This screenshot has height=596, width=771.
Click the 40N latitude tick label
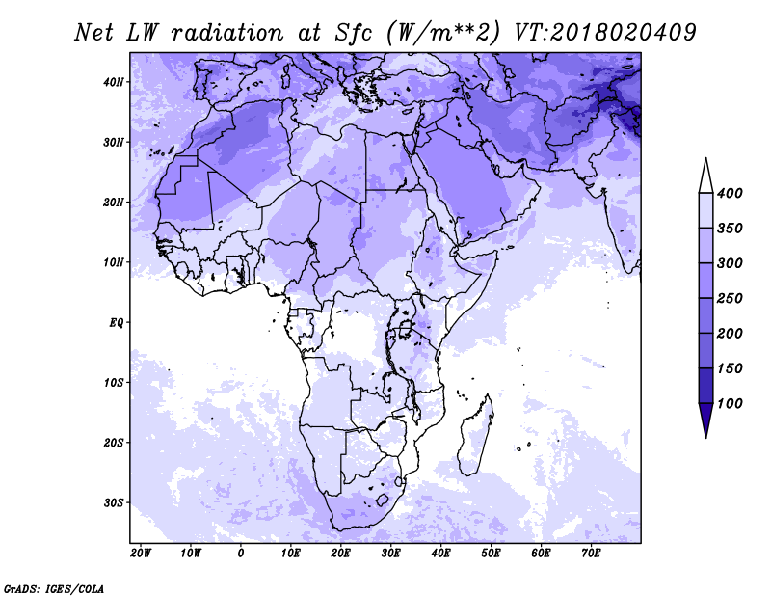click(114, 82)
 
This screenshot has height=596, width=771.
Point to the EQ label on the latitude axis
click(116, 323)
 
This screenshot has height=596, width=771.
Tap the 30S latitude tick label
click(114, 503)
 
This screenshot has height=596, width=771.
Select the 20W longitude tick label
click(141, 554)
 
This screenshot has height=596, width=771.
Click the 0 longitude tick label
click(240, 554)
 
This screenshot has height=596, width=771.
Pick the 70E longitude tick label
click(591, 554)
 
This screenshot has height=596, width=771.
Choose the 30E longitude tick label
click(391, 554)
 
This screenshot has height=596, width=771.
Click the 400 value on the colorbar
click(730, 193)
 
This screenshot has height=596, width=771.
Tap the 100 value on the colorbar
click(730, 403)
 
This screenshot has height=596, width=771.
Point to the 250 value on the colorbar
click(730, 298)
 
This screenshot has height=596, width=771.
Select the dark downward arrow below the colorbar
click(706, 420)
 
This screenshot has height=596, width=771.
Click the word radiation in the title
click(228, 33)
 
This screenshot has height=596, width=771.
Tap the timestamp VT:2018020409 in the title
click(605, 33)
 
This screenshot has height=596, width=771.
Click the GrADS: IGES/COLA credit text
click(54, 588)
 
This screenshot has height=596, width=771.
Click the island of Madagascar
click(475, 437)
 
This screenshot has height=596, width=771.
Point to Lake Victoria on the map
click(406, 326)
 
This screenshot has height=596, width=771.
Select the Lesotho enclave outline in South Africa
click(382, 501)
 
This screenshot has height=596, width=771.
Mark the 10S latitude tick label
click(114, 383)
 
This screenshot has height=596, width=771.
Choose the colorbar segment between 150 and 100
click(706, 386)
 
